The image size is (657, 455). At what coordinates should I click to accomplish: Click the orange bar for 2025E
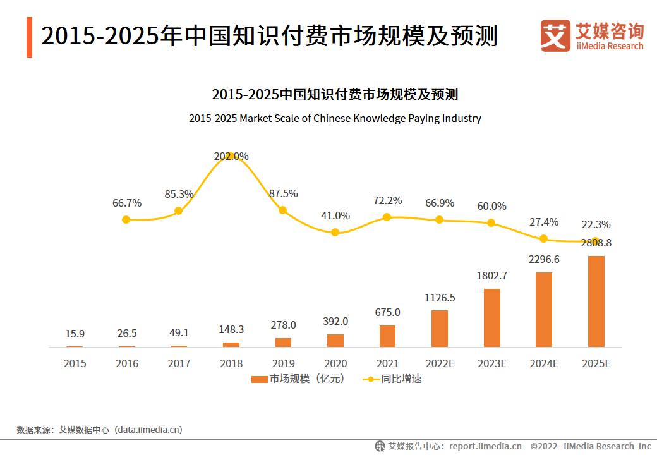(x=596, y=301)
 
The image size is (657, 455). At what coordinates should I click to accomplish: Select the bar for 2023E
(x=491, y=318)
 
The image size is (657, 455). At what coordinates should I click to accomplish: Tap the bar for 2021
(x=387, y=336)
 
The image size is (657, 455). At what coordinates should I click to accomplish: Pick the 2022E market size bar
(x=440, y=329)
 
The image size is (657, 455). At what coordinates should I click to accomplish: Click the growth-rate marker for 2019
(x=283, y=210)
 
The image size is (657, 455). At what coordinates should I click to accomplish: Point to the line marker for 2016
(x=126, y=220)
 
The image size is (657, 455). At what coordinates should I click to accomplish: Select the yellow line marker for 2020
(x=335, y=233)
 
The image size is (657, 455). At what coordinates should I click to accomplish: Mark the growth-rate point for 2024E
(x=543, y=239)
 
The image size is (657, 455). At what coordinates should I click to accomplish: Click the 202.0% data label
(x=231, y=156)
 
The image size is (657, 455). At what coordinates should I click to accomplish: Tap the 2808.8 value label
(x=596, y=243)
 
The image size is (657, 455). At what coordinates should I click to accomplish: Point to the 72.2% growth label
(x=387, y=200)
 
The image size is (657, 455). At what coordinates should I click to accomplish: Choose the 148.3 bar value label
(x=231, y=330)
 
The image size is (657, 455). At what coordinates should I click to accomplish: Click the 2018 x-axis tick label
(x=231, y=364)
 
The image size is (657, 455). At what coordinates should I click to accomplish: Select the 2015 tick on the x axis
(x=75, y=364)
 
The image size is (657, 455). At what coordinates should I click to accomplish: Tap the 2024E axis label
(x=543, y=364)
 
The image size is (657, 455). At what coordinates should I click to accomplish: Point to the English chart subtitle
(x=335, y=118)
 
